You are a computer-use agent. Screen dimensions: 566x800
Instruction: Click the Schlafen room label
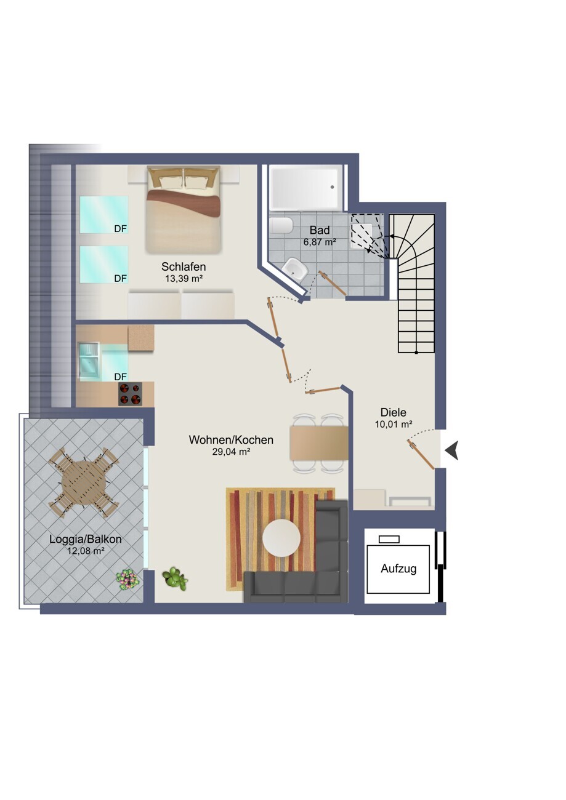click(184, 266)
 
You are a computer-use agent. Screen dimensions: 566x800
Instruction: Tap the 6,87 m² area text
click(320, 242)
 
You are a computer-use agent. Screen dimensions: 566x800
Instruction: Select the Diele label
click(394, 412)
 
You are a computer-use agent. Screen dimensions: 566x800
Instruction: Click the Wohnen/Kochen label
click(231, 440)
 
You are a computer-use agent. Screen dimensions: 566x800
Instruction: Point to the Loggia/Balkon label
click(86, 539)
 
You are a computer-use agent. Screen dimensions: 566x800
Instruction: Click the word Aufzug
click(398, 569)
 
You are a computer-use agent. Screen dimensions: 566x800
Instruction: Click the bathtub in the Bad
click(305, 188)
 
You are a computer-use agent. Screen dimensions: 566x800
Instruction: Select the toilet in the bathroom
click(281, 225)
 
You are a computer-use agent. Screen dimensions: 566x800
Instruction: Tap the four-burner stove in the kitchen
click(130, 394)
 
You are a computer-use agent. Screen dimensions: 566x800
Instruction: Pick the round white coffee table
click(281, 538)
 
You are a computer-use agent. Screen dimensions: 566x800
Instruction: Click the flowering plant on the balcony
click(127, 579)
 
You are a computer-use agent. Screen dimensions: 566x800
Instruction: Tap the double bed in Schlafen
click(184, 209)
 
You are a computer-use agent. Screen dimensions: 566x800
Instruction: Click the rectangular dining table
click(319, 443)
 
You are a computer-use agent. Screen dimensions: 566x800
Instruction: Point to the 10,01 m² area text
click(394, 424)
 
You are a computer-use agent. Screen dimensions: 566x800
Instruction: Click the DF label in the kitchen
click(121, 377)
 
